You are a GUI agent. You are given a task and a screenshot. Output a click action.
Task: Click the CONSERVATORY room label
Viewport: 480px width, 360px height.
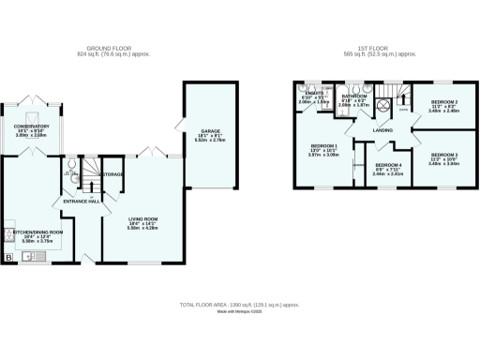[31, 126]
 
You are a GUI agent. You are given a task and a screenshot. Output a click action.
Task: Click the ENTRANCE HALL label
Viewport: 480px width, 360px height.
[82, 201]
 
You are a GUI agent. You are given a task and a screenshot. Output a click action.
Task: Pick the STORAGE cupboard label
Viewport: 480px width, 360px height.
[113, 174]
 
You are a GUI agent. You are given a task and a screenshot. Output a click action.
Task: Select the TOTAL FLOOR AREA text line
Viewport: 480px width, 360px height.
[240, 306]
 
